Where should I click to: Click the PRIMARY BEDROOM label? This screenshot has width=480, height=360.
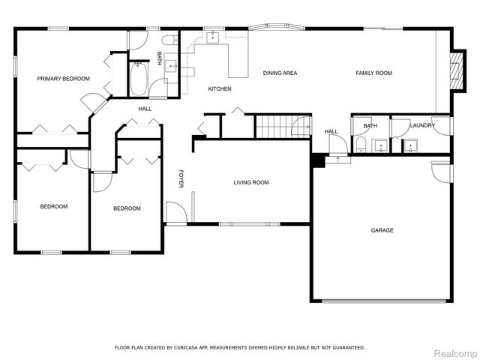click(x=64, y=79)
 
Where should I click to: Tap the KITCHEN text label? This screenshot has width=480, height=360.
click(x=220, y=89)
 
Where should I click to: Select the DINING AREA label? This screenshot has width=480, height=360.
click(x=280, y=73)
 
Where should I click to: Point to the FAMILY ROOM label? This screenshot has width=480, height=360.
click(x=373, y=73)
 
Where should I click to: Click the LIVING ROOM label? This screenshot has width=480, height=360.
click(x=251, y=182)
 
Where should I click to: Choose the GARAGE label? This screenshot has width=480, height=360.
click(x=382, y=230)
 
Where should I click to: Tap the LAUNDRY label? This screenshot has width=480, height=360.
click(x=421, y=125)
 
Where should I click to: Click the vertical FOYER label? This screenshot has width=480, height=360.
click(x=181, y=179)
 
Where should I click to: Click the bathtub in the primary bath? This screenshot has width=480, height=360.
click(x=139, y=80)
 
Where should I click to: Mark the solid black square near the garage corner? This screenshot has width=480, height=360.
click(x=318, y=160)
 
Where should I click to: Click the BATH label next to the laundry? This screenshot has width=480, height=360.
click(x=370, y=125)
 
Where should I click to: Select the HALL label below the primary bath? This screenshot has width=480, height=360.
click(x=145, y=109)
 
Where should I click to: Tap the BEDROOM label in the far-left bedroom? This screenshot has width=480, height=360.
click(x=53, y=206)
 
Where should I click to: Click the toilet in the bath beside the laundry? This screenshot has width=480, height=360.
click(x=361, y=144)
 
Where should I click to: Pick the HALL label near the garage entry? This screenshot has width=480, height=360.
click(x=331, y=131)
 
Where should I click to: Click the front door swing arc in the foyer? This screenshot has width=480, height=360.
click(x=175, y=212)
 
